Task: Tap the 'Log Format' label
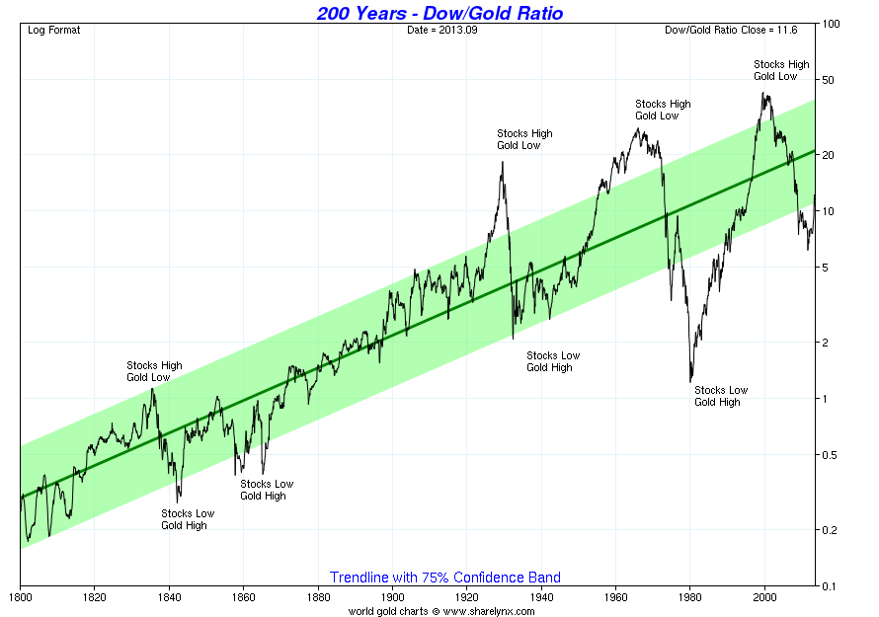pos(54,30)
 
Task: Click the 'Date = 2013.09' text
pos(440,30)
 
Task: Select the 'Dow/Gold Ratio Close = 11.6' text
pos(737,30)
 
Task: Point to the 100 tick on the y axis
pos(831,23)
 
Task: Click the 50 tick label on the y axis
pos(831,80)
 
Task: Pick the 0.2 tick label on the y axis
pos(831,530)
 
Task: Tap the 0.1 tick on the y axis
pos(831,586)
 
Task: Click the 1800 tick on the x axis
pos(20,597)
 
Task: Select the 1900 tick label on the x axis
pos(392,597)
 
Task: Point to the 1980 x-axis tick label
pos(690,597)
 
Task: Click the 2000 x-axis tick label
pos(765,597)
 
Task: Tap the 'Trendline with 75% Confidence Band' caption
pos(444,578)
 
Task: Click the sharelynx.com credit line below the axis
pos(442,611)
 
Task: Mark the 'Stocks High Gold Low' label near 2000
pos(781,70)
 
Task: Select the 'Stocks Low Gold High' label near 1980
pos(721,396)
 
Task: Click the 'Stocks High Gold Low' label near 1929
pos(524,139)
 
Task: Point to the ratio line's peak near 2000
pos(763,94)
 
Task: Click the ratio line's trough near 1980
pos(689,381)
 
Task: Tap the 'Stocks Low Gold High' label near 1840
pos(188,519)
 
